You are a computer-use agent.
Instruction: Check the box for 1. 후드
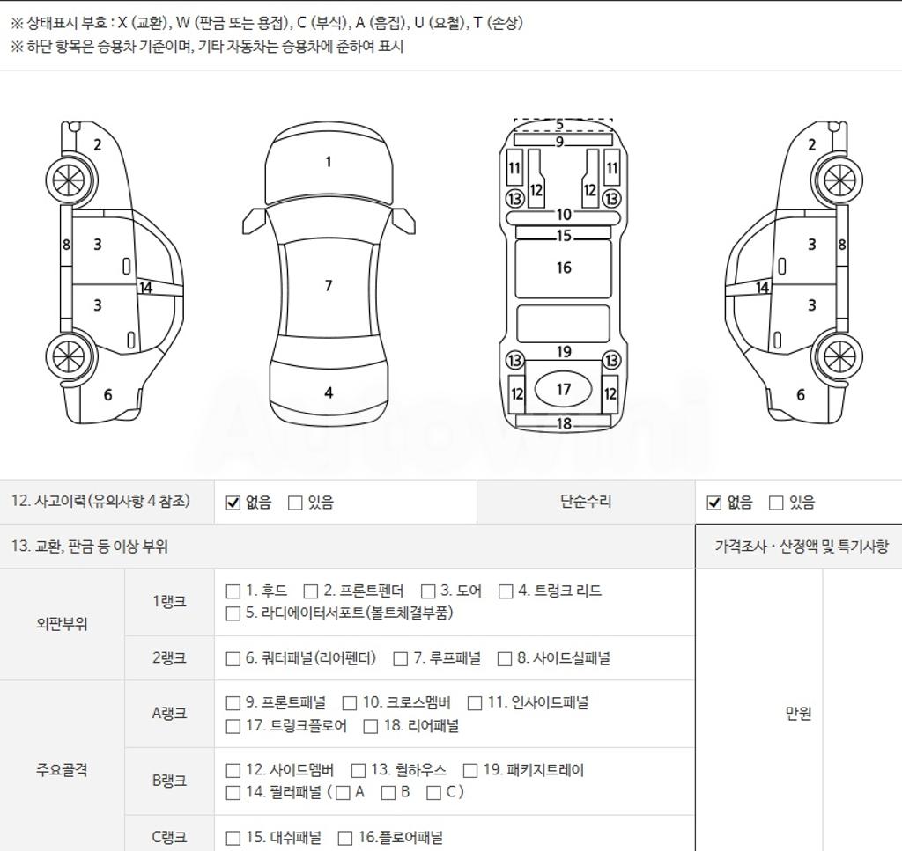(x=233, y=591)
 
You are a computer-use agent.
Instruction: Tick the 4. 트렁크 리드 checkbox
(x=505, y=591)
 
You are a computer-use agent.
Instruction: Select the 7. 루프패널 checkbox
(x=401, y=658)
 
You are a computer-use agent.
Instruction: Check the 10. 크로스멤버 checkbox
(x=349, y=703)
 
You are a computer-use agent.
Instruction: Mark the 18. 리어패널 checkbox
(x=371, y=726)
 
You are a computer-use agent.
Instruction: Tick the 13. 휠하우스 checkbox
(x=359, y=770)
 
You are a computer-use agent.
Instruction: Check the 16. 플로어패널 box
(x=345, y=838)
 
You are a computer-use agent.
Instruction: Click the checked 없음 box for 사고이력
(x=233, y=503)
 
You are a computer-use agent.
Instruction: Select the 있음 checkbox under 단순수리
(x=776, y=503)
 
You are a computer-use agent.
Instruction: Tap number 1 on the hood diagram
(x=329, y=162)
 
